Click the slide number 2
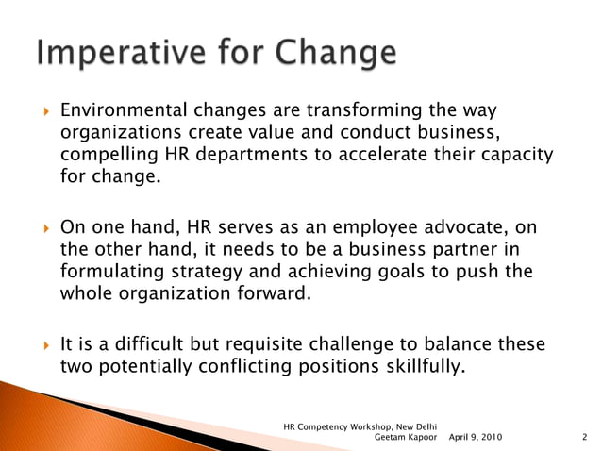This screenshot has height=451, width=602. click(585, 438)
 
